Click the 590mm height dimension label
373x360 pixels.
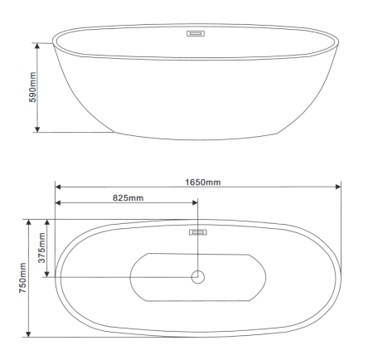point(32,87)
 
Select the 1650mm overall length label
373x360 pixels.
point(203,182)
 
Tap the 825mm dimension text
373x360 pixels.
point(128,198)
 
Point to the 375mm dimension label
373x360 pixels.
point(41,248)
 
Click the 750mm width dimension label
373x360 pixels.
point(22,278)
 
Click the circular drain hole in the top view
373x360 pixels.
point(198,277)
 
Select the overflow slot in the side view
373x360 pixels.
point(196,33)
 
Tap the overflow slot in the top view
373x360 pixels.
point(198,232)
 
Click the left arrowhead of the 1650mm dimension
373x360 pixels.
point(58,187)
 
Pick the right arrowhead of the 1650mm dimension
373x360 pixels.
point(338,187)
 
